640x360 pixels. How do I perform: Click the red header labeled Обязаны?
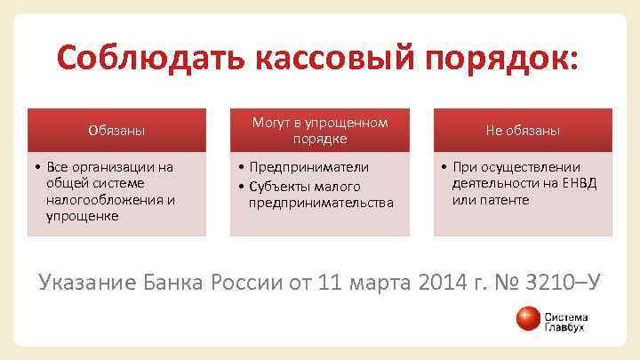[x=116, y=131]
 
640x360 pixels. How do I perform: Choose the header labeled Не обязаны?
[x=523, y=131]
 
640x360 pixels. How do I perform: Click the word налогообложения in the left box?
[x=98, y=199]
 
